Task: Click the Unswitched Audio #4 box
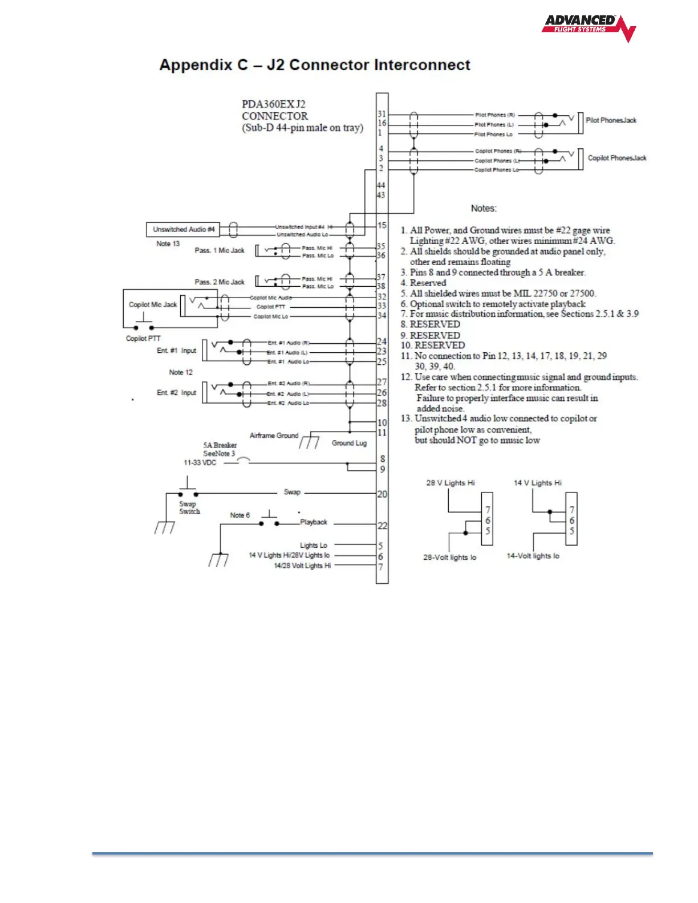(183, 229)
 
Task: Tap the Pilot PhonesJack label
(611, 120)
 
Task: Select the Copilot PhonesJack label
(617, 158)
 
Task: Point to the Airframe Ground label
(274, 436)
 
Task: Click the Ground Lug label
(349, 443)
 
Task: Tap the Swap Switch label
(189, 507)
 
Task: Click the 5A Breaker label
(220, 445)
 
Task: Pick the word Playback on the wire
(314, 522)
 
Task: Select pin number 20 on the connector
(382, 494)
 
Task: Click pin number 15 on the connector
(382, 225)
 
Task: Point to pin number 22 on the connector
(382, 526)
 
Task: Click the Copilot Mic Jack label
(152, 304)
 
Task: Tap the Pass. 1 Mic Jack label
(219, 250)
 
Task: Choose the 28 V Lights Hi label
(450, 483)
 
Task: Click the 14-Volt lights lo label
(533, 556)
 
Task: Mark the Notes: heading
(484, 209)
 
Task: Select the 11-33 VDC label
(200, 463)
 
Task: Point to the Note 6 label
(240, 515)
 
